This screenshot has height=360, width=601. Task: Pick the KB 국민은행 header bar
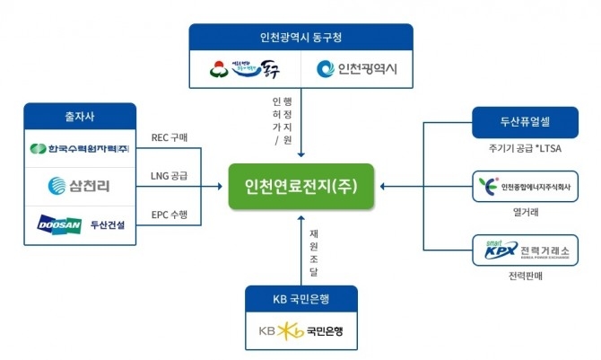[300, 297]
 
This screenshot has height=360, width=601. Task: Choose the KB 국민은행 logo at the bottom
[300, 330]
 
